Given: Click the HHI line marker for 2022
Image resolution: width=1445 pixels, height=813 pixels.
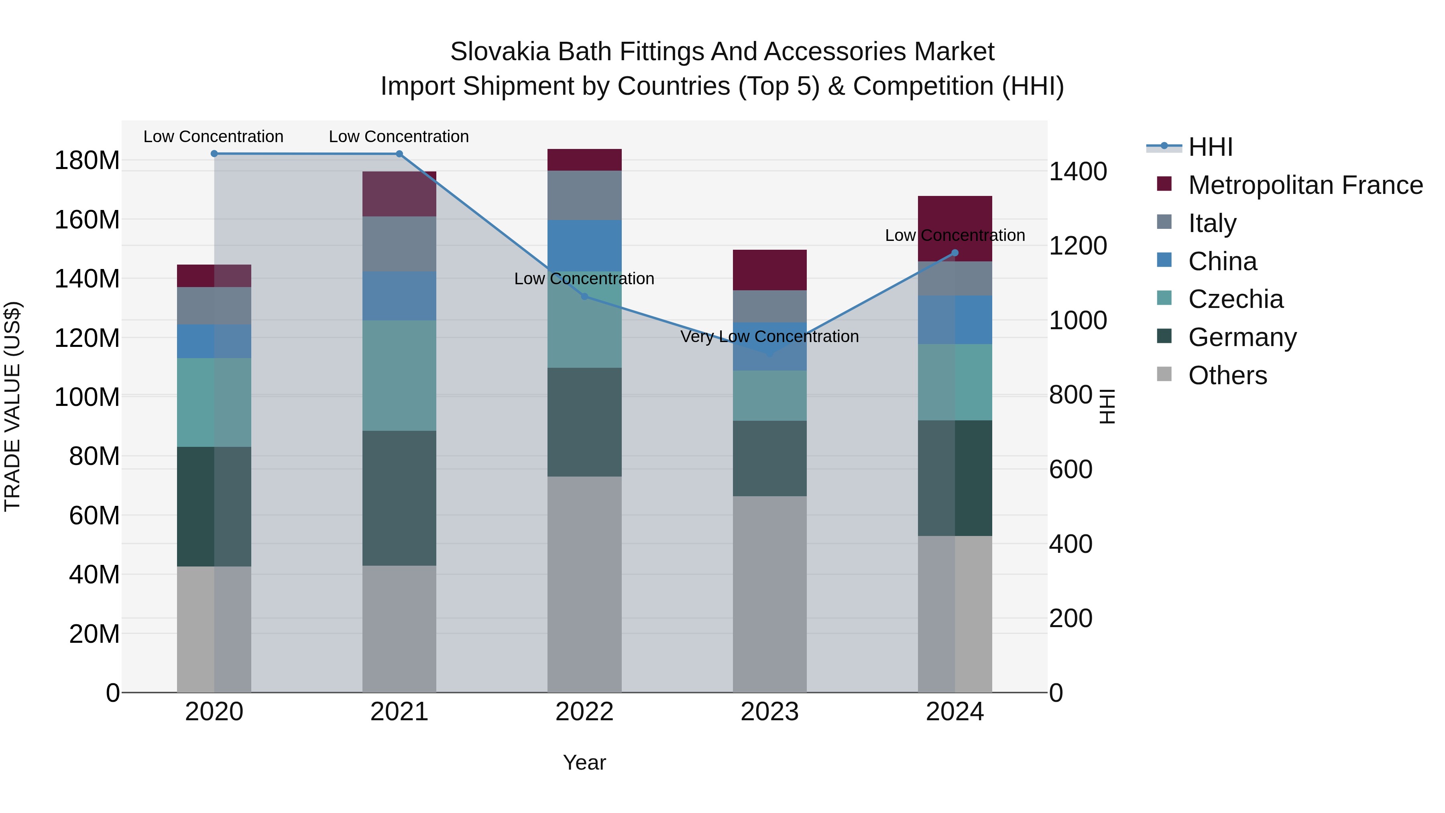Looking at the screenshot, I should [584, 296].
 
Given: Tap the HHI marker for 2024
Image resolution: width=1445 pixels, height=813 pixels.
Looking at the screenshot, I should [955, 253].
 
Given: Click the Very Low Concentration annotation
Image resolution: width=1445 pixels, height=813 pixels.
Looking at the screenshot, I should [769, 337].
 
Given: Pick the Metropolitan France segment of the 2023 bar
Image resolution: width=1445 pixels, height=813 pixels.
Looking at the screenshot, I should [769, 270].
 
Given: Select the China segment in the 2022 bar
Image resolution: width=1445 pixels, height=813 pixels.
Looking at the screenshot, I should [584, 246].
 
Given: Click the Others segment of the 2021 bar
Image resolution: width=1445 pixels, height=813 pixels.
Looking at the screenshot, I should [399, 628].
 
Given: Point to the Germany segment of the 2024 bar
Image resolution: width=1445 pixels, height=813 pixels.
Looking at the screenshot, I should [955, 478].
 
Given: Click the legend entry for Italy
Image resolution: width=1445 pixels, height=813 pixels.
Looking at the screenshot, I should [1212, 223].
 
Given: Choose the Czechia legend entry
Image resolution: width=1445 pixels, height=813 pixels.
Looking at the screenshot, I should [1235, 299].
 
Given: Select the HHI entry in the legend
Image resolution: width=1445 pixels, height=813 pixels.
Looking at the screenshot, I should [1210, 147].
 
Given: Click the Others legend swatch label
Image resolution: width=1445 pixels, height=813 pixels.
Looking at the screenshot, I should [1227, 375].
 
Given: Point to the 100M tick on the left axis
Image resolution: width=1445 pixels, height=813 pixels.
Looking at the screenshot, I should [87, 397].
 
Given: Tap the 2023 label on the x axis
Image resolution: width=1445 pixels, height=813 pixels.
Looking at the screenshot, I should [769, 712].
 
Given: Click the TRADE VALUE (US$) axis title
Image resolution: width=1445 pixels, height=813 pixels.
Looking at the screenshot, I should [12, 406].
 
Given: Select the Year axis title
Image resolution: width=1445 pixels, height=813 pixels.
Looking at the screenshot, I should [584, 762].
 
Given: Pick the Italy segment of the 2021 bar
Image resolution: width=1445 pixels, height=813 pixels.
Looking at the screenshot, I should [399, 244].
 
